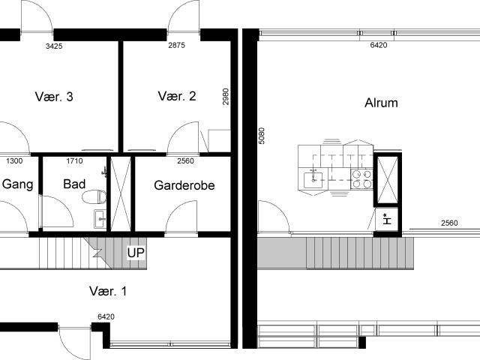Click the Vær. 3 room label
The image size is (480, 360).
[54, 97]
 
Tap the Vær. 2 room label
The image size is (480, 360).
[177, 96]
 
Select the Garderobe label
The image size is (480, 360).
[184, 185]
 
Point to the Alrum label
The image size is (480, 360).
[381, 103]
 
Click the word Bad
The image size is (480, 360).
[74, 184]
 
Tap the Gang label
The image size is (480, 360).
[18, 184]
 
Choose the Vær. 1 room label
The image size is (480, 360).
[108, 291]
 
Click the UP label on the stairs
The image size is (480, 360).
[136, 253]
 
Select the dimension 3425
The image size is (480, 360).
[54, 46]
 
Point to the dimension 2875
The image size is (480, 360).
[177, 45]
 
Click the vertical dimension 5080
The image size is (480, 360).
[262, 136]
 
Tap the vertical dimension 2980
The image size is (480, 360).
[226, 97]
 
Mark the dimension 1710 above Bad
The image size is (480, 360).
[74, 160]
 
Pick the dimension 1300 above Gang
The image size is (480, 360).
[14, 160]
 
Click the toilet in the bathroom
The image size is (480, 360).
[94, 196]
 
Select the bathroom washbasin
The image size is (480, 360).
[100, 219]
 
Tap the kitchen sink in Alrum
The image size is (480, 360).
[313, 180]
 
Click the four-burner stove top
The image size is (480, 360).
[361, 179]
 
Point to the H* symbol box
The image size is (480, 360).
[387, 220]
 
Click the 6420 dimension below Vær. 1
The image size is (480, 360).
[106, 316]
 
